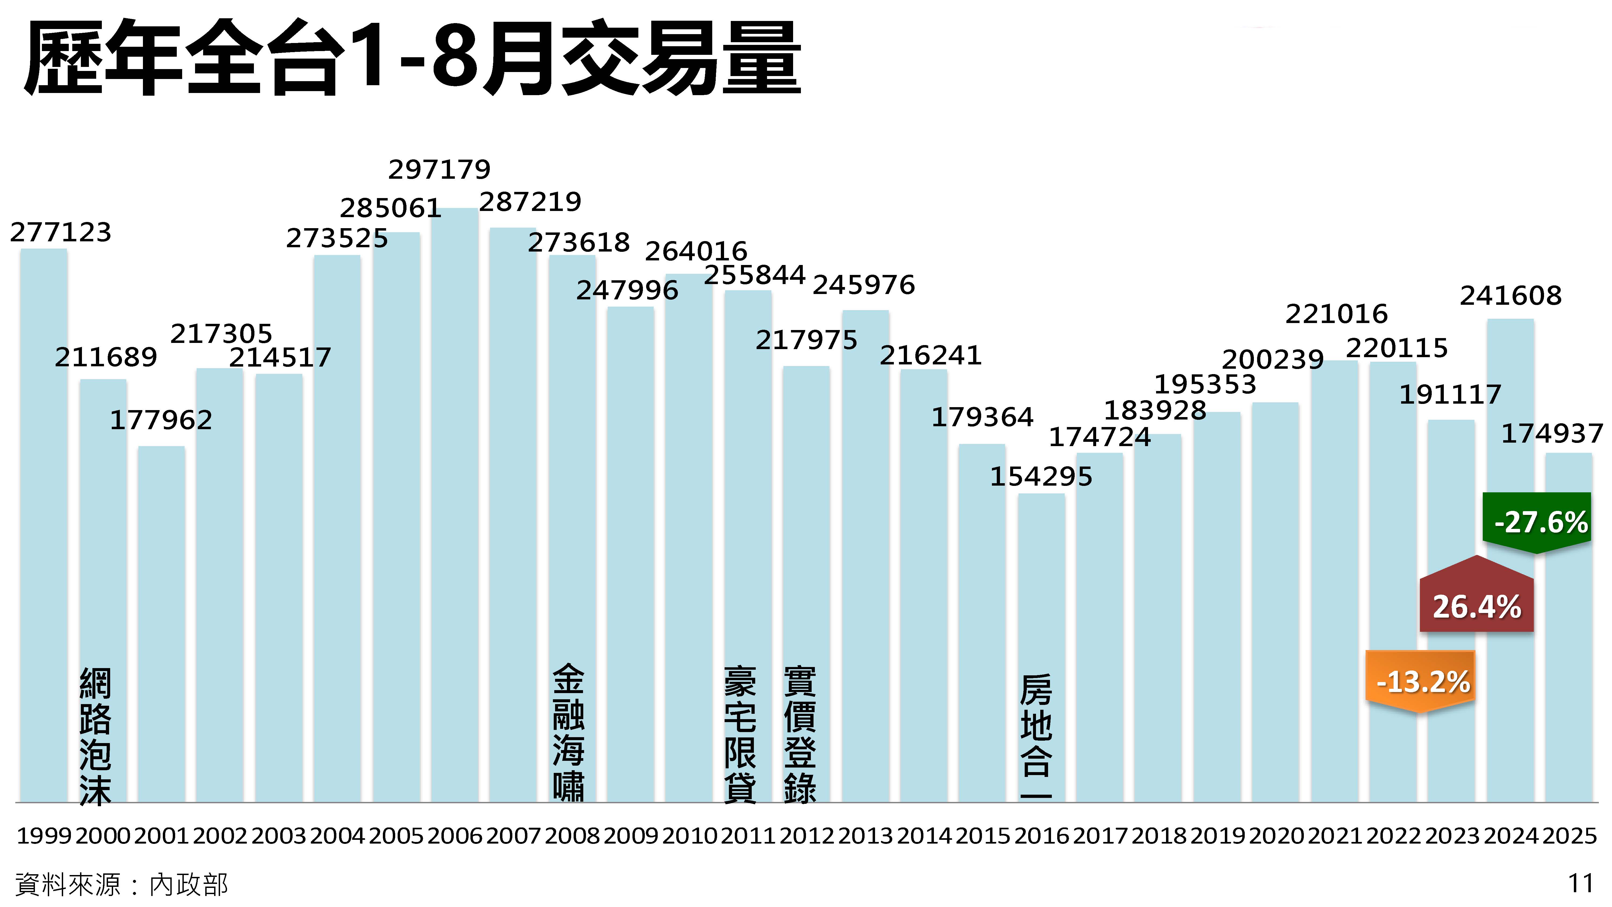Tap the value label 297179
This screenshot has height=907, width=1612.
click(x=439, y=169)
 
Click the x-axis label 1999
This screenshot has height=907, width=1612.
click(x=44, y=836)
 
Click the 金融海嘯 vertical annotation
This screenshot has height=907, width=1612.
click(x=568, y=732)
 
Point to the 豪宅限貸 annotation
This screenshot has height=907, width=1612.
click(x=740, y=734)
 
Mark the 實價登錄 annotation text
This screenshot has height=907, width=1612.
click(x=800, y=734)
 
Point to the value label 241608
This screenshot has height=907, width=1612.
click(x=1511, y=295)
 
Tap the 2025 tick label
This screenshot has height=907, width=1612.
click(x=1570, y=836)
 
